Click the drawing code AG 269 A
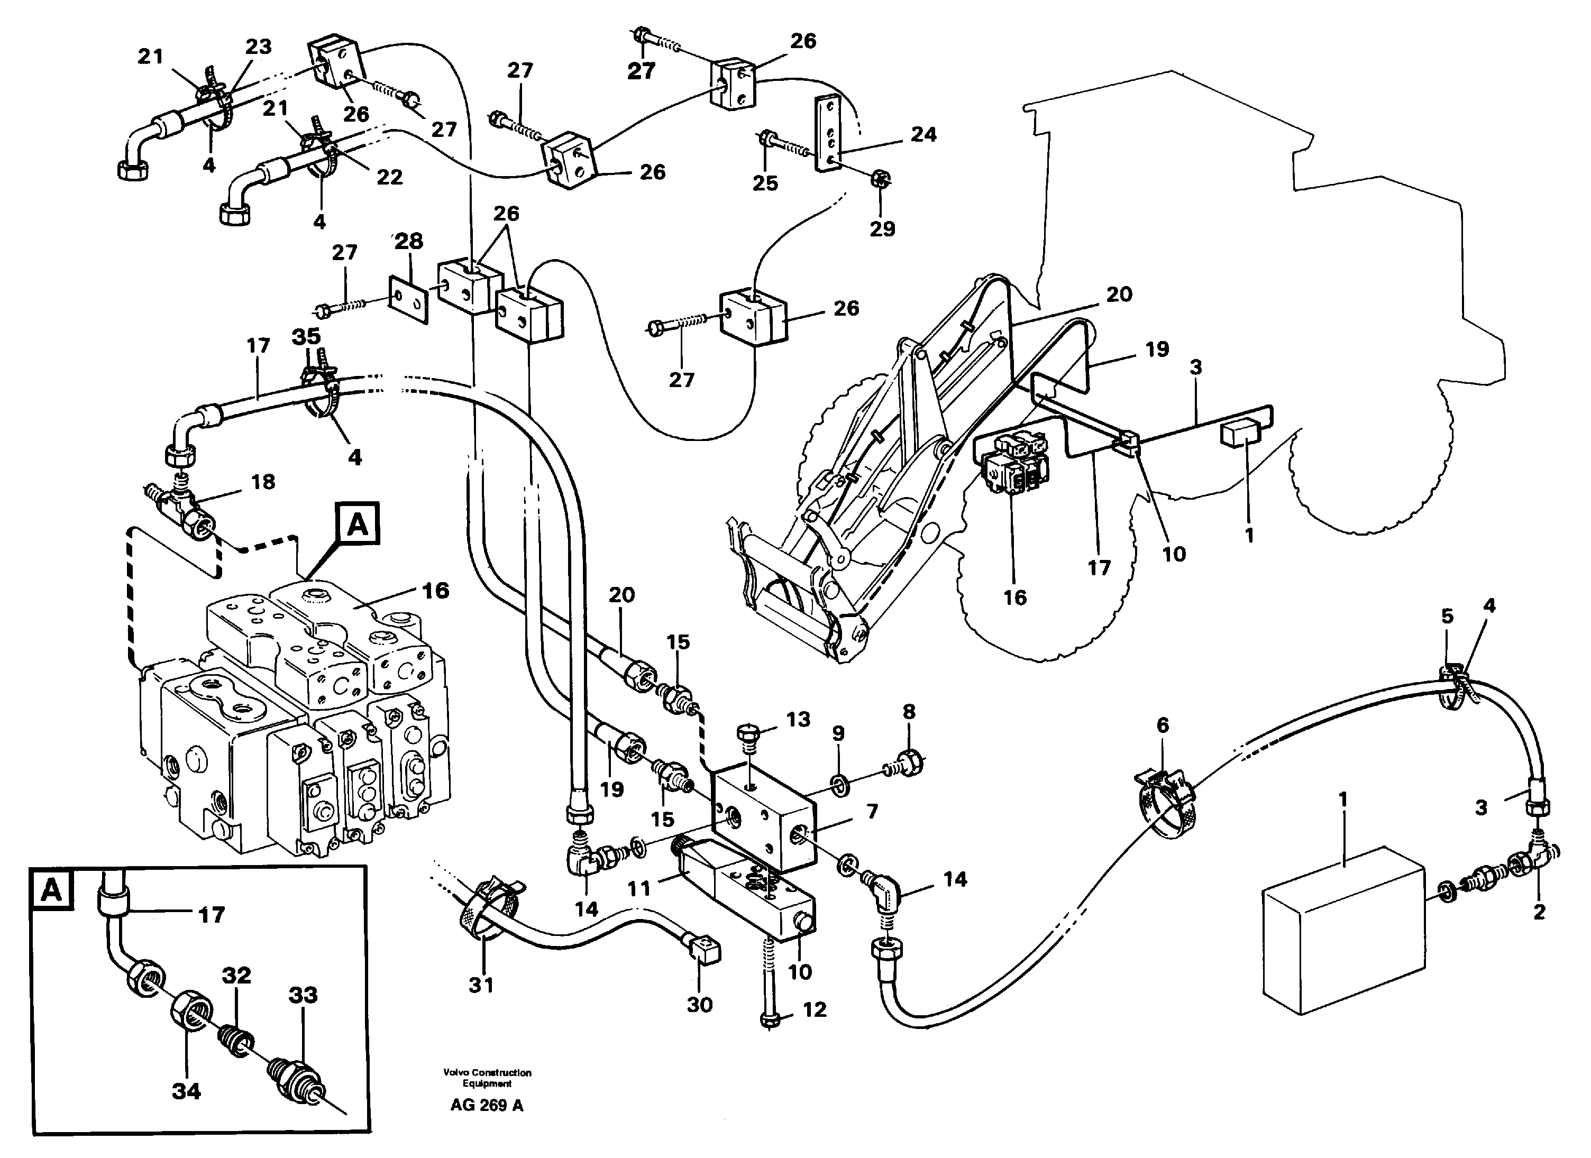pos(486,1106)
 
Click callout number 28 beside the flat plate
pos(409,241)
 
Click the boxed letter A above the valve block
pos(358,524)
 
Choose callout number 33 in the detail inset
pos(303,995)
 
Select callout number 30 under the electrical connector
pos(699,1005)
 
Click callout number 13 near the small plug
pos(798,719)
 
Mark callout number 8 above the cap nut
pos(909,712)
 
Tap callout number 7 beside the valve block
pos(872,812)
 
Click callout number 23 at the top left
pos(258,47)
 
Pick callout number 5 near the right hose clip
pos(1447,616)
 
